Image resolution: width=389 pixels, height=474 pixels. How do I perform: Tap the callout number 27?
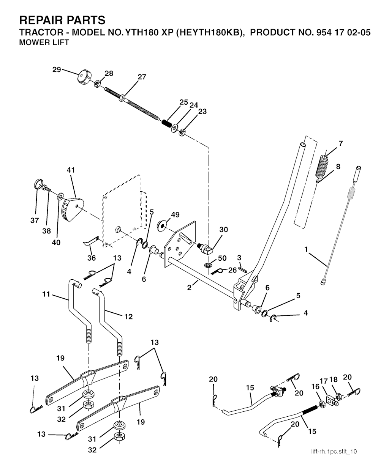142,77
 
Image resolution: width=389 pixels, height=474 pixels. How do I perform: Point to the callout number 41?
71,170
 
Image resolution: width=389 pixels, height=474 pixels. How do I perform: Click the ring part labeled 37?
37,184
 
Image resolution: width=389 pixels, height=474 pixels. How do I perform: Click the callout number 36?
92,258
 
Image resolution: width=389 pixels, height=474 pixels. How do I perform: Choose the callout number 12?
128,317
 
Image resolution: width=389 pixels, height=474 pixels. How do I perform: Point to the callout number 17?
323,381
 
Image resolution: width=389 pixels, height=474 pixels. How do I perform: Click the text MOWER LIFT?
44,42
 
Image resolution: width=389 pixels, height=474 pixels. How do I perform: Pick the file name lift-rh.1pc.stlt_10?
334,451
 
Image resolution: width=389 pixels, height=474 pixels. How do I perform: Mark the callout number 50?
222,258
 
